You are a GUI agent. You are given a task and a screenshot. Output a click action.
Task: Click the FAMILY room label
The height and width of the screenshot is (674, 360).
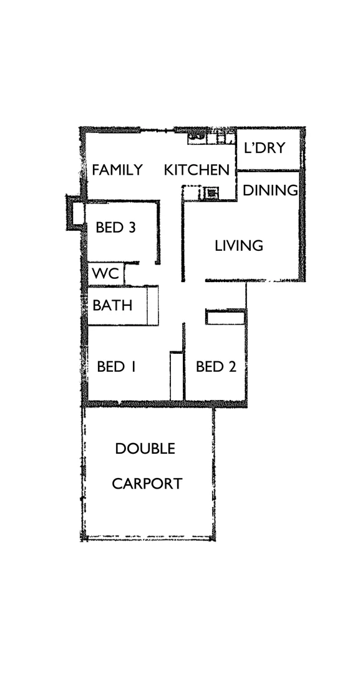pyautogui.click(x=117, y=170)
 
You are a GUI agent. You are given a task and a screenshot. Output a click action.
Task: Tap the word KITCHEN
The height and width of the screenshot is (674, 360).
pyautogui.click(x=197, y=170)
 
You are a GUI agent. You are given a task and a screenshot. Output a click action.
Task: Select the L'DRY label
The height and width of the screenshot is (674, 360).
pyautogui.click(x=264, y=148)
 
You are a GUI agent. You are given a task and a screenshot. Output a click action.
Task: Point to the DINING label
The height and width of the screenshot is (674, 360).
pyautogui.click(x=270, y=190)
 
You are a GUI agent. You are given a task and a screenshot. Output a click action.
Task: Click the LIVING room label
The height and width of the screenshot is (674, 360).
pyautogui.click(x=238, y=246)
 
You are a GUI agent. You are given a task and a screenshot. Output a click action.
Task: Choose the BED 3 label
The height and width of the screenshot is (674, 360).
pyautogui.click(x=115, y=228)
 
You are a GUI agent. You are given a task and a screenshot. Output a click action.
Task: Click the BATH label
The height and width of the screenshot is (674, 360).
pyautogui.click(x=112, y=306)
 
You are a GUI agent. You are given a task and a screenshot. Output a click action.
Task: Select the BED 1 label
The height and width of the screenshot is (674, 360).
pyautogui.click(x=116, y=366)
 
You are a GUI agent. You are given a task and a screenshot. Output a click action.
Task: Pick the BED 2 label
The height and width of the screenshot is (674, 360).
pyautogui.click(x=215, y=366)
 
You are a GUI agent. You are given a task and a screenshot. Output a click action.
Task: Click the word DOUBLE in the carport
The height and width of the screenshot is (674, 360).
pyautogui.click(x=145, y=449)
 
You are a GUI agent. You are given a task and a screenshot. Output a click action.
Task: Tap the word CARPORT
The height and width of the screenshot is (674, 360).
pyautogui.click(x=147, y=484)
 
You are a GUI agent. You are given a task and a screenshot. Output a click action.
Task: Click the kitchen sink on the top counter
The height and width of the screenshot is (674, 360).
pyautogui.click(x=197, y=136)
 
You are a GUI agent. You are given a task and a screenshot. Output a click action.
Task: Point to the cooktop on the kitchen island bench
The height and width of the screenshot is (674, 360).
pyautogui.click(x=212, y=193)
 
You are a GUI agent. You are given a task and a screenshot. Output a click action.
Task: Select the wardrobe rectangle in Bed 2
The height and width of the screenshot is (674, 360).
pyautogui.click(x=225, y=318)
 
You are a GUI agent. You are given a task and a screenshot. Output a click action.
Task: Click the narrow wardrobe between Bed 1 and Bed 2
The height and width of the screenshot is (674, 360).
pyautogui.click(x=177, y=376)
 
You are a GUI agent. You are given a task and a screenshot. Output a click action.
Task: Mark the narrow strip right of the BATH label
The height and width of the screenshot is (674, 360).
pyautogui.click(x=152, y=306)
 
